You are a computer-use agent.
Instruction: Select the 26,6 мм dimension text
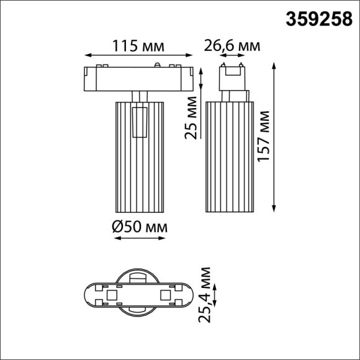click(x=232, y=46)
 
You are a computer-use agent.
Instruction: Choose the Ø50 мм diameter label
click(x=140, y=228)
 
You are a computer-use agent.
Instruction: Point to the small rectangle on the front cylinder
click(x=140, y=122)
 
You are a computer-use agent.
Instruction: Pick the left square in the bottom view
click(x=109, y=295)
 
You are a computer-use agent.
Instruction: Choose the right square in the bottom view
click(x=166, y=295)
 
